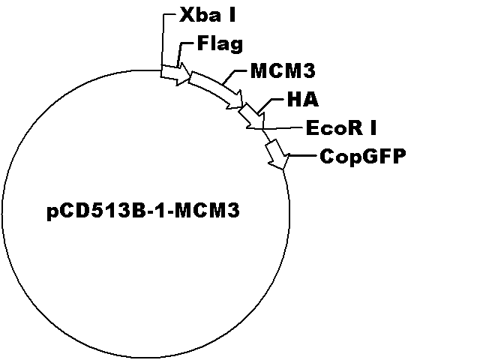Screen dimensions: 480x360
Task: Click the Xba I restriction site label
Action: [x=207, y=15]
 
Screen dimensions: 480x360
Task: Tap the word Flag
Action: [x=220, y=43]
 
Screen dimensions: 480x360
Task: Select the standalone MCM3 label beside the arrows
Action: [x=283, y=71]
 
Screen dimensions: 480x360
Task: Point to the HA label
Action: [x=303, y=100]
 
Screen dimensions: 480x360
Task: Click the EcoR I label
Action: [x=341, y=127]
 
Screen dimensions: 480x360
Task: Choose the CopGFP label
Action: [x=363, y=156]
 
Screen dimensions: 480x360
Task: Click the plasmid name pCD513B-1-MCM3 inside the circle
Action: [x=143, y=211]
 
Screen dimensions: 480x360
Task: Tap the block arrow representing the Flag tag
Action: [x=175, y=74]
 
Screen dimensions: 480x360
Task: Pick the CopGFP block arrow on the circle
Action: [x=277, y=154]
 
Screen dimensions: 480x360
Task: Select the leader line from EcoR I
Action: [x=275, y=128]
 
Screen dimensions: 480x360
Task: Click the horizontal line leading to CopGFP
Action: [x=302, y=156]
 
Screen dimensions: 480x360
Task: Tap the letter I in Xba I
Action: [x=232, y=15]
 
